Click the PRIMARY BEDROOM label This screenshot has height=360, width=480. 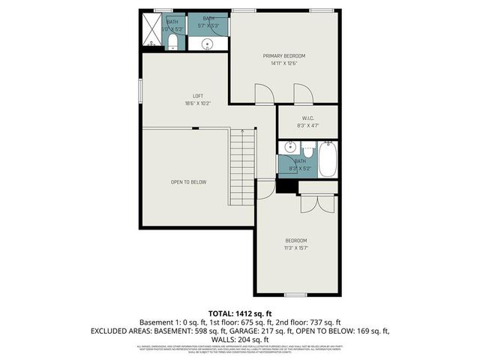pos(283,56)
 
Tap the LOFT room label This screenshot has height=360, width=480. pos(198,95)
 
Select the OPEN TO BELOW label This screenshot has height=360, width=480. pos(187,182)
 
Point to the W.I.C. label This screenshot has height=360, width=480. pos(307,118)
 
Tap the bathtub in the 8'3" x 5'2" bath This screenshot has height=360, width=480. pos(327,159)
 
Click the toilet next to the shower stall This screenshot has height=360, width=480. pos(172,40)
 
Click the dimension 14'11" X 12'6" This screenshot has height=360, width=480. pos(283,64)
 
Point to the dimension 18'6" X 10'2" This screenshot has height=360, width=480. pos(198,103)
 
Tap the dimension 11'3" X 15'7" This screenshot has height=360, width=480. pos(295,247)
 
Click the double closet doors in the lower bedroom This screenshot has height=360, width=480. pos(310,203)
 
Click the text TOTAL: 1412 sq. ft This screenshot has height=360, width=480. pos(239,313)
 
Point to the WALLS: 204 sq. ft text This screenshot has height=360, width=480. pos(239,339)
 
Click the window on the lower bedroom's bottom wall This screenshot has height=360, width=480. pos(295,294)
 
